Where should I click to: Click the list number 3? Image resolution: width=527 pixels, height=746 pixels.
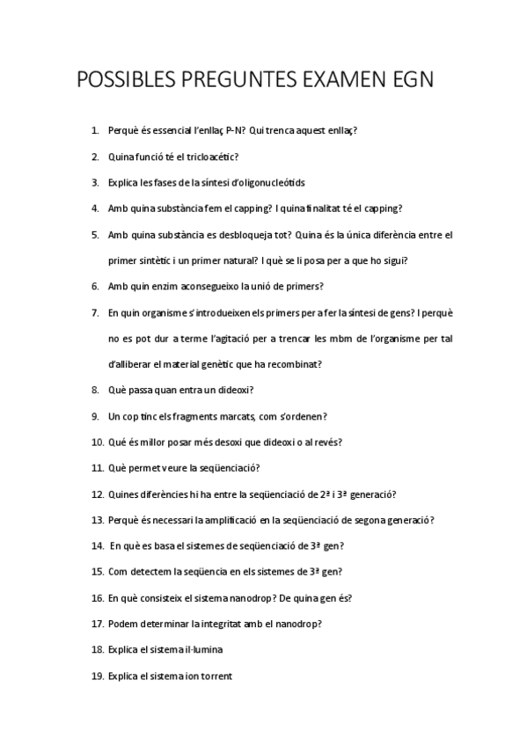95,183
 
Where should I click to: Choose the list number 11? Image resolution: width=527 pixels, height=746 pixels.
97,467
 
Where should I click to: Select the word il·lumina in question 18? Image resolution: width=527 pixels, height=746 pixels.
201,649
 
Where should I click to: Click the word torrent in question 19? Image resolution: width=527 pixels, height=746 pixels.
215,676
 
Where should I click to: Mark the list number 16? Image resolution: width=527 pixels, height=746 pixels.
97,597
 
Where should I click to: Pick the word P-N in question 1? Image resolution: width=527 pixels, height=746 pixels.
235,131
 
